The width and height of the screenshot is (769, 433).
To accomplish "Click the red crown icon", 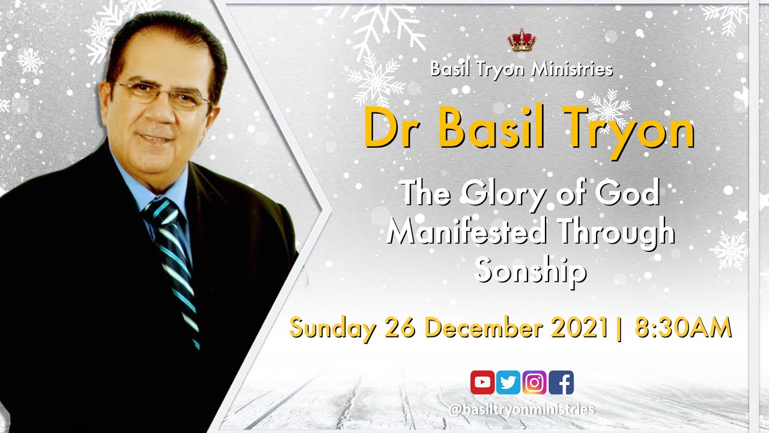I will click(521, 40).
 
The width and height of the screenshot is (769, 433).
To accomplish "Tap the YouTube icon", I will click(482, 382).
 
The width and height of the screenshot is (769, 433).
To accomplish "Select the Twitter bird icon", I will click(508, 382).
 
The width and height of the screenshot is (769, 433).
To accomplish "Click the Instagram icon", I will click(534, 382).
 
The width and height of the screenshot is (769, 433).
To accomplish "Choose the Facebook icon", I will click(561, 382).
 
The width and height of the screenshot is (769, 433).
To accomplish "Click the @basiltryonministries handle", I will click(521, 410).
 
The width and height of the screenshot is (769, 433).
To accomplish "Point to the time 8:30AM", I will click(683, 328).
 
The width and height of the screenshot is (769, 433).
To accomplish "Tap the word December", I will click(491, 328).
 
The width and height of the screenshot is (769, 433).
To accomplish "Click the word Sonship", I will click(530, 271).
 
